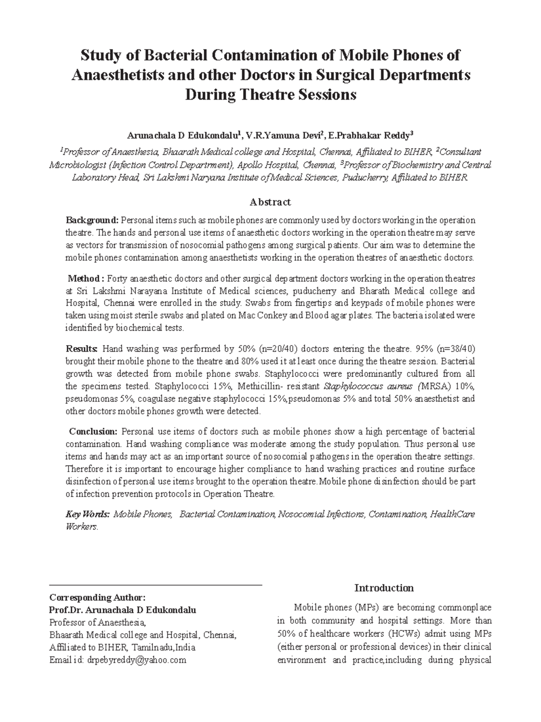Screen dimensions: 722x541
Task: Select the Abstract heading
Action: pos(270,202)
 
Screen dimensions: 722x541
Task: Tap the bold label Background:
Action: pos(92,220)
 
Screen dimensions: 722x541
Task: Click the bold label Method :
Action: pos(86,278)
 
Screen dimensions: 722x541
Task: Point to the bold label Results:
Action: pos(82,349)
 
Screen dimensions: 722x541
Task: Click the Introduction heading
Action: pos(384,588)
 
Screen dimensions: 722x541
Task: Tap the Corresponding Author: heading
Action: pos(97,597)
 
